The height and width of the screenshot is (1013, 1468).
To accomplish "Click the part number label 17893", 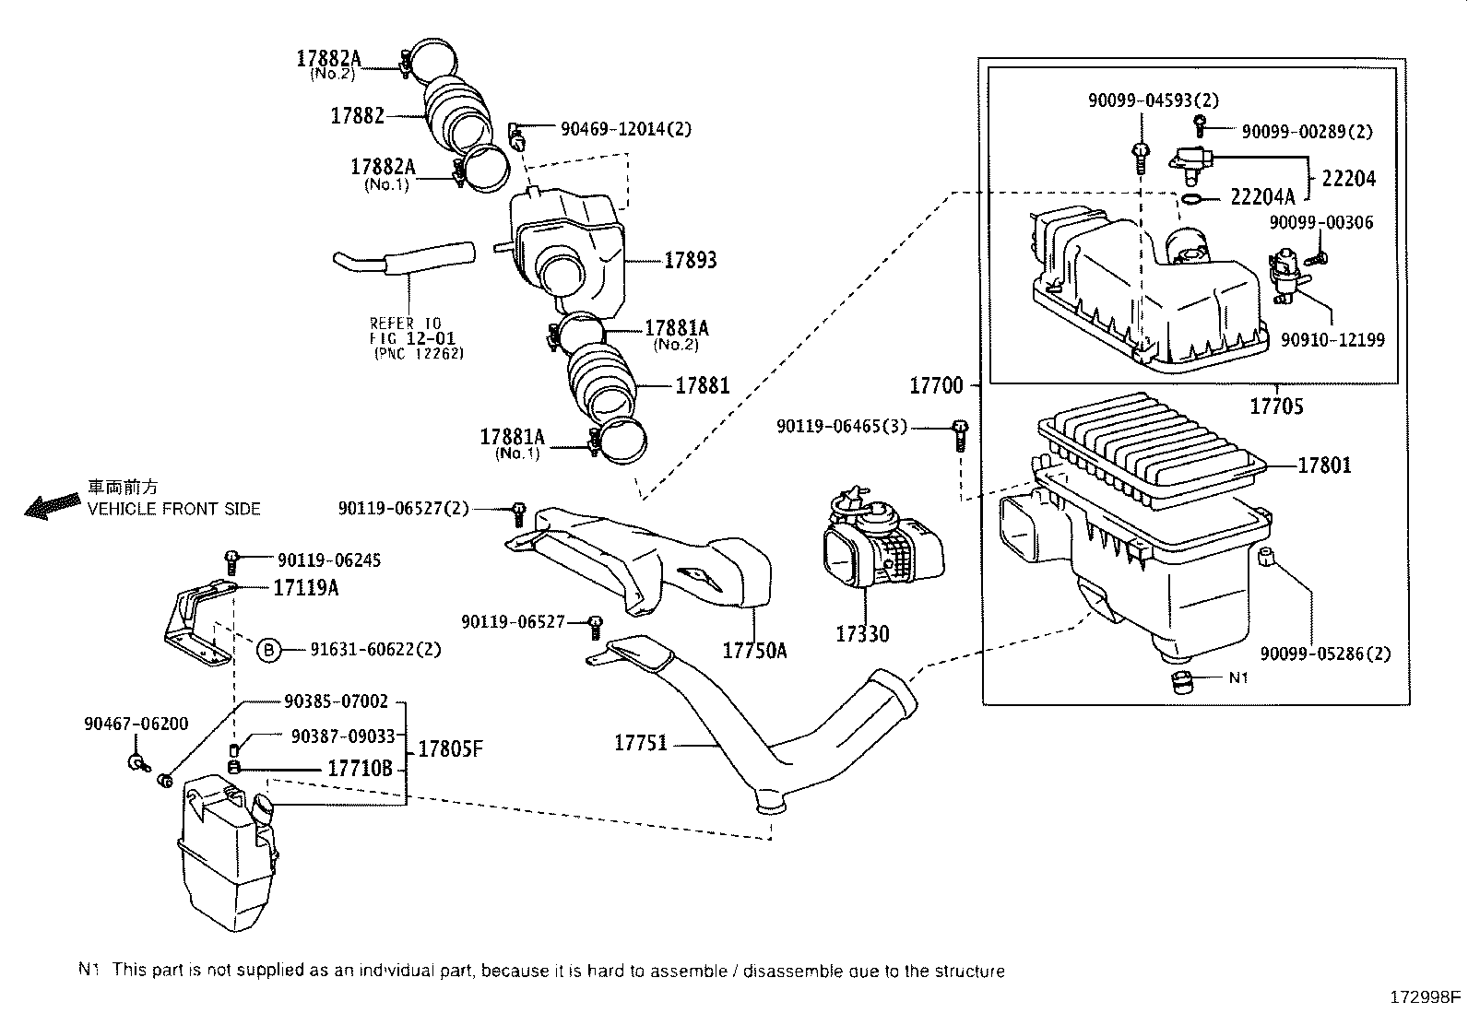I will [x=690, y=260].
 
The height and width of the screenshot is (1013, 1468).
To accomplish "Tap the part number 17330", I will [x=862, y=633].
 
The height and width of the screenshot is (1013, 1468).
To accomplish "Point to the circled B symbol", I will [x=267, y=650].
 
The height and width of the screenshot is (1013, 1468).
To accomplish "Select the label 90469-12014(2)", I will [x=625, y=129].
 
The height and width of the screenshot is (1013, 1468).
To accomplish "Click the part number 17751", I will [x=640, y=742].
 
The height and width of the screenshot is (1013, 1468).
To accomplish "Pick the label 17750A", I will [x=754, y=650].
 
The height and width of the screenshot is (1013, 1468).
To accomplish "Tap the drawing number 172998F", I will [x=1426, y=996].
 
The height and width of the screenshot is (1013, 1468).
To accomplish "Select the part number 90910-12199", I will [x=1332, y=340].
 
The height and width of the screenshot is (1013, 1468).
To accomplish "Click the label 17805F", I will [x=450, y=748].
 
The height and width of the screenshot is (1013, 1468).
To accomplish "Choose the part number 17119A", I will [x=304, y=586].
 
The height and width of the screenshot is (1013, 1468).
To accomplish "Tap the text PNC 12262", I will [x=418, y=353].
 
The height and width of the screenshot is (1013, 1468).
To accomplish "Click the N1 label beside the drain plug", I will [x=1239, y=677].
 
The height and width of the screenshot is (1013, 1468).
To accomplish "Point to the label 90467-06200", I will [x=136, y=724].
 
